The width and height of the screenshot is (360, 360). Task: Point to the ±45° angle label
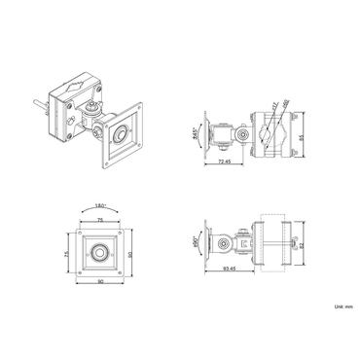197,132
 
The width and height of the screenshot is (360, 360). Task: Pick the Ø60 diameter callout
281,110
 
